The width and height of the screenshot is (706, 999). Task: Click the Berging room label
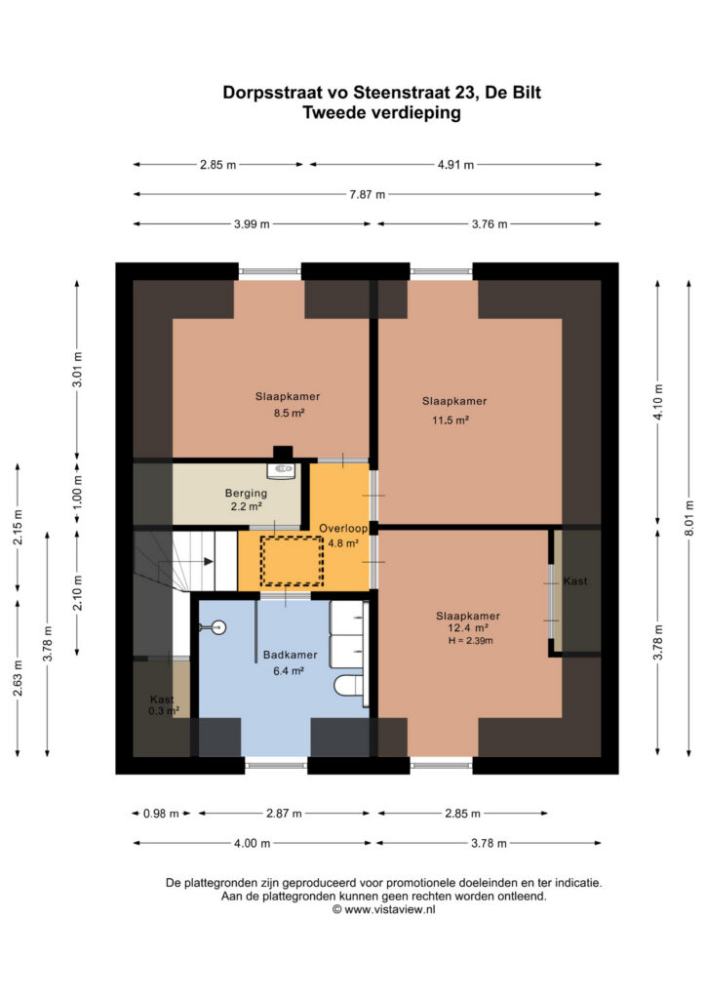[246, 493]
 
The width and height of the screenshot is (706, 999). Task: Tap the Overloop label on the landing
[343, 528]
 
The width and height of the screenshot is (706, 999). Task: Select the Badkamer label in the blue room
[290, 655]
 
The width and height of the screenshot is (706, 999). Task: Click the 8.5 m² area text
[289, 413]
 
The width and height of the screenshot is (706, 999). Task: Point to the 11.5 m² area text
[451, 420]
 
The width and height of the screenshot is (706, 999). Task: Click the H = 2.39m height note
[470, 641]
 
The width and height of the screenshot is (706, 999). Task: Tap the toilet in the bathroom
[349, 686]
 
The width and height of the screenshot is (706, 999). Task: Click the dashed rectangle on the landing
[292, 561]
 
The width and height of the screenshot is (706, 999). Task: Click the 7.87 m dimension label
[368, 194]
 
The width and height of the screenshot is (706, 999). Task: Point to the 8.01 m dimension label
[688, 517]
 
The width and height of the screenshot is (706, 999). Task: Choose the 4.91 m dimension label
[455, 164]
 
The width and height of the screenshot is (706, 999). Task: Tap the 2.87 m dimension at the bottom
[284, 814]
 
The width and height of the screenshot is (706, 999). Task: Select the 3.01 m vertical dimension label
[77, 370]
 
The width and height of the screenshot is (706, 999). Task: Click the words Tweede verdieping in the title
[381, 113]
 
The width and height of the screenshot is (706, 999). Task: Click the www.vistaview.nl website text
[390, 910]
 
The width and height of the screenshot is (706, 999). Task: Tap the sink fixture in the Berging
[281, 471]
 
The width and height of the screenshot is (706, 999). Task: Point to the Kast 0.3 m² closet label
[163, 705]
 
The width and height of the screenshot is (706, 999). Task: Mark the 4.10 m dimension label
[658, 402]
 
